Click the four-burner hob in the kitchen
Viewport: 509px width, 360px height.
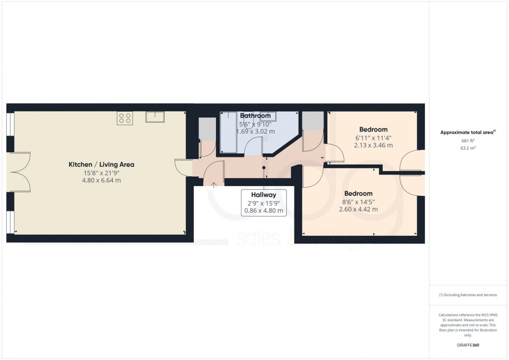125,118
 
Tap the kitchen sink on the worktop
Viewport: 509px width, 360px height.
155,117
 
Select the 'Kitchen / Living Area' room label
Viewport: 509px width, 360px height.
102,165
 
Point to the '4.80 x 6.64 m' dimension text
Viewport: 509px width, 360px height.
102,180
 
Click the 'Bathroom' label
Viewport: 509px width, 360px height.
255,116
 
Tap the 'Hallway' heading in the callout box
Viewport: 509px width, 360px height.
264,195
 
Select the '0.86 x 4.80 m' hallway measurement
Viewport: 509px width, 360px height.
264,211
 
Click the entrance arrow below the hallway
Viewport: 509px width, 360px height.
214,183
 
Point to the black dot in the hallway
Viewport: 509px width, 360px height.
264,167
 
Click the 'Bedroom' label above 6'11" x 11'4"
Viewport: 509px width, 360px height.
373,129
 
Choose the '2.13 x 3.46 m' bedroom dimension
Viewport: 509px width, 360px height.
373,145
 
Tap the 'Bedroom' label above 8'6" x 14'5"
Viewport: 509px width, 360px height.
358,193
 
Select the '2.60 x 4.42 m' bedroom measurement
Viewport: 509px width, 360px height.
358,209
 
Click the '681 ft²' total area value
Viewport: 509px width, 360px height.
469,141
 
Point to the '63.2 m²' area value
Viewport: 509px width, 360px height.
469,148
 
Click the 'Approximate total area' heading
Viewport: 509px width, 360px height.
467,132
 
